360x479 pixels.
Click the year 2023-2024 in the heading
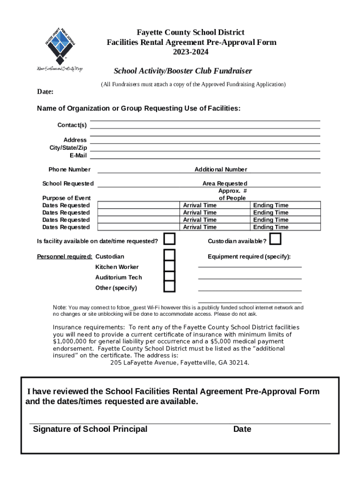click(191, 52)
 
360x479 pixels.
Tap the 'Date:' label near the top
click(45, 92)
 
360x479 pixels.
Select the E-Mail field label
click(78, 155)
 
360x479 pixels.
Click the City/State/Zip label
click(68, 148)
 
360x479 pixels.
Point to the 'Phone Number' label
click(70, 169)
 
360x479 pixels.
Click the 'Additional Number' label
click(221, 169)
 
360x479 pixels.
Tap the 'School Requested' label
click(68, 183)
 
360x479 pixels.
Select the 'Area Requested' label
click(224, 183)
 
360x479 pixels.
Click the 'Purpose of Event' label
click(66, 198)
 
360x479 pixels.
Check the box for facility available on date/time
click(169, 239)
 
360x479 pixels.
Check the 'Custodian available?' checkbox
click(275, 239)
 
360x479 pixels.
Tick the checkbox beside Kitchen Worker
click(169, 266)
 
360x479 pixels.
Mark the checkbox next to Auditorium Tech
click(169, 276)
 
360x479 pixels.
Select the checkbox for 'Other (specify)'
click(169, 286)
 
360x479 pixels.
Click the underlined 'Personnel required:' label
click(65, 256)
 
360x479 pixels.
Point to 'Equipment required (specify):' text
click(249, 256)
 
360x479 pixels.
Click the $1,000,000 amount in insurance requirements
click(71, 341)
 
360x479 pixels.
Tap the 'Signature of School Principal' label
click(90, 429)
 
